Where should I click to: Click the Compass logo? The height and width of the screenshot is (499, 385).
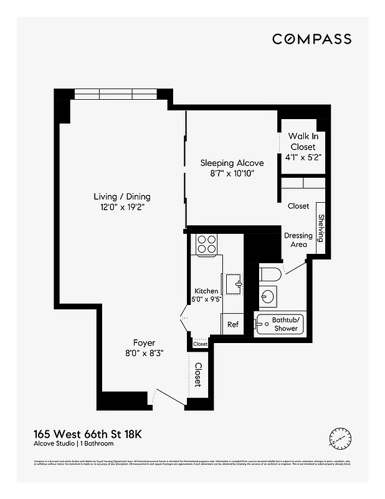(311, 39)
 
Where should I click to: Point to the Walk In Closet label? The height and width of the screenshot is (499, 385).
(303, 142)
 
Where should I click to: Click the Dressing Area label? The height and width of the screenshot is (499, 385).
(298, 240)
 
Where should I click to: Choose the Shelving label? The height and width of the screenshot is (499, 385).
(321, 228)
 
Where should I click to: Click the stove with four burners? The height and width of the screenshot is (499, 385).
(206, 244)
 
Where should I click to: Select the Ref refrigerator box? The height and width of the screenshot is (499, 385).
(232, 324)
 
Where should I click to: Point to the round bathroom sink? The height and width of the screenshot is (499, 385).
(269, 296)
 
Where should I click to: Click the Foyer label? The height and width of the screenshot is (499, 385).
(144, 342)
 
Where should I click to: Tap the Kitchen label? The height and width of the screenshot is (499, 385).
(206, 291)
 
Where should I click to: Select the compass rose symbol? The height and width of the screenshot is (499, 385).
(340, 439)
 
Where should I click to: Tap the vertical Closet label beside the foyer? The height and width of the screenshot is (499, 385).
(198, 374)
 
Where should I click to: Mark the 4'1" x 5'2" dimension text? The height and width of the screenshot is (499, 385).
(303, 158)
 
